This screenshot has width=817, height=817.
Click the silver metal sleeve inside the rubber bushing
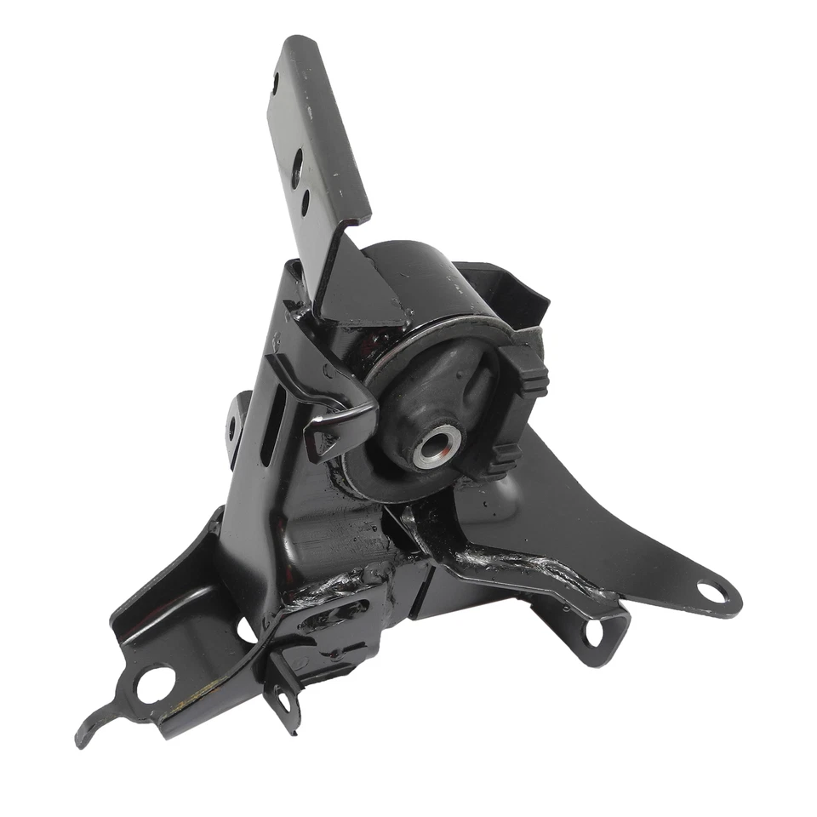point(437,446)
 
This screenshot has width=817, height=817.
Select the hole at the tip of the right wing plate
point(711,591)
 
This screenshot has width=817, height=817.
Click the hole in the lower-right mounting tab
point(592,631)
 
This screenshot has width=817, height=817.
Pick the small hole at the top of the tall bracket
point(275,83)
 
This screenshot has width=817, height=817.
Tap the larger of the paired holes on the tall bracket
point(296,169)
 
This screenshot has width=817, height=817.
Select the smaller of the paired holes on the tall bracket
point(305,203)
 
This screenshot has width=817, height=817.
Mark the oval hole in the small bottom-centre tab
point(283,700)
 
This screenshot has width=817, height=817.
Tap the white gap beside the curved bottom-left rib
point(247,630)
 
